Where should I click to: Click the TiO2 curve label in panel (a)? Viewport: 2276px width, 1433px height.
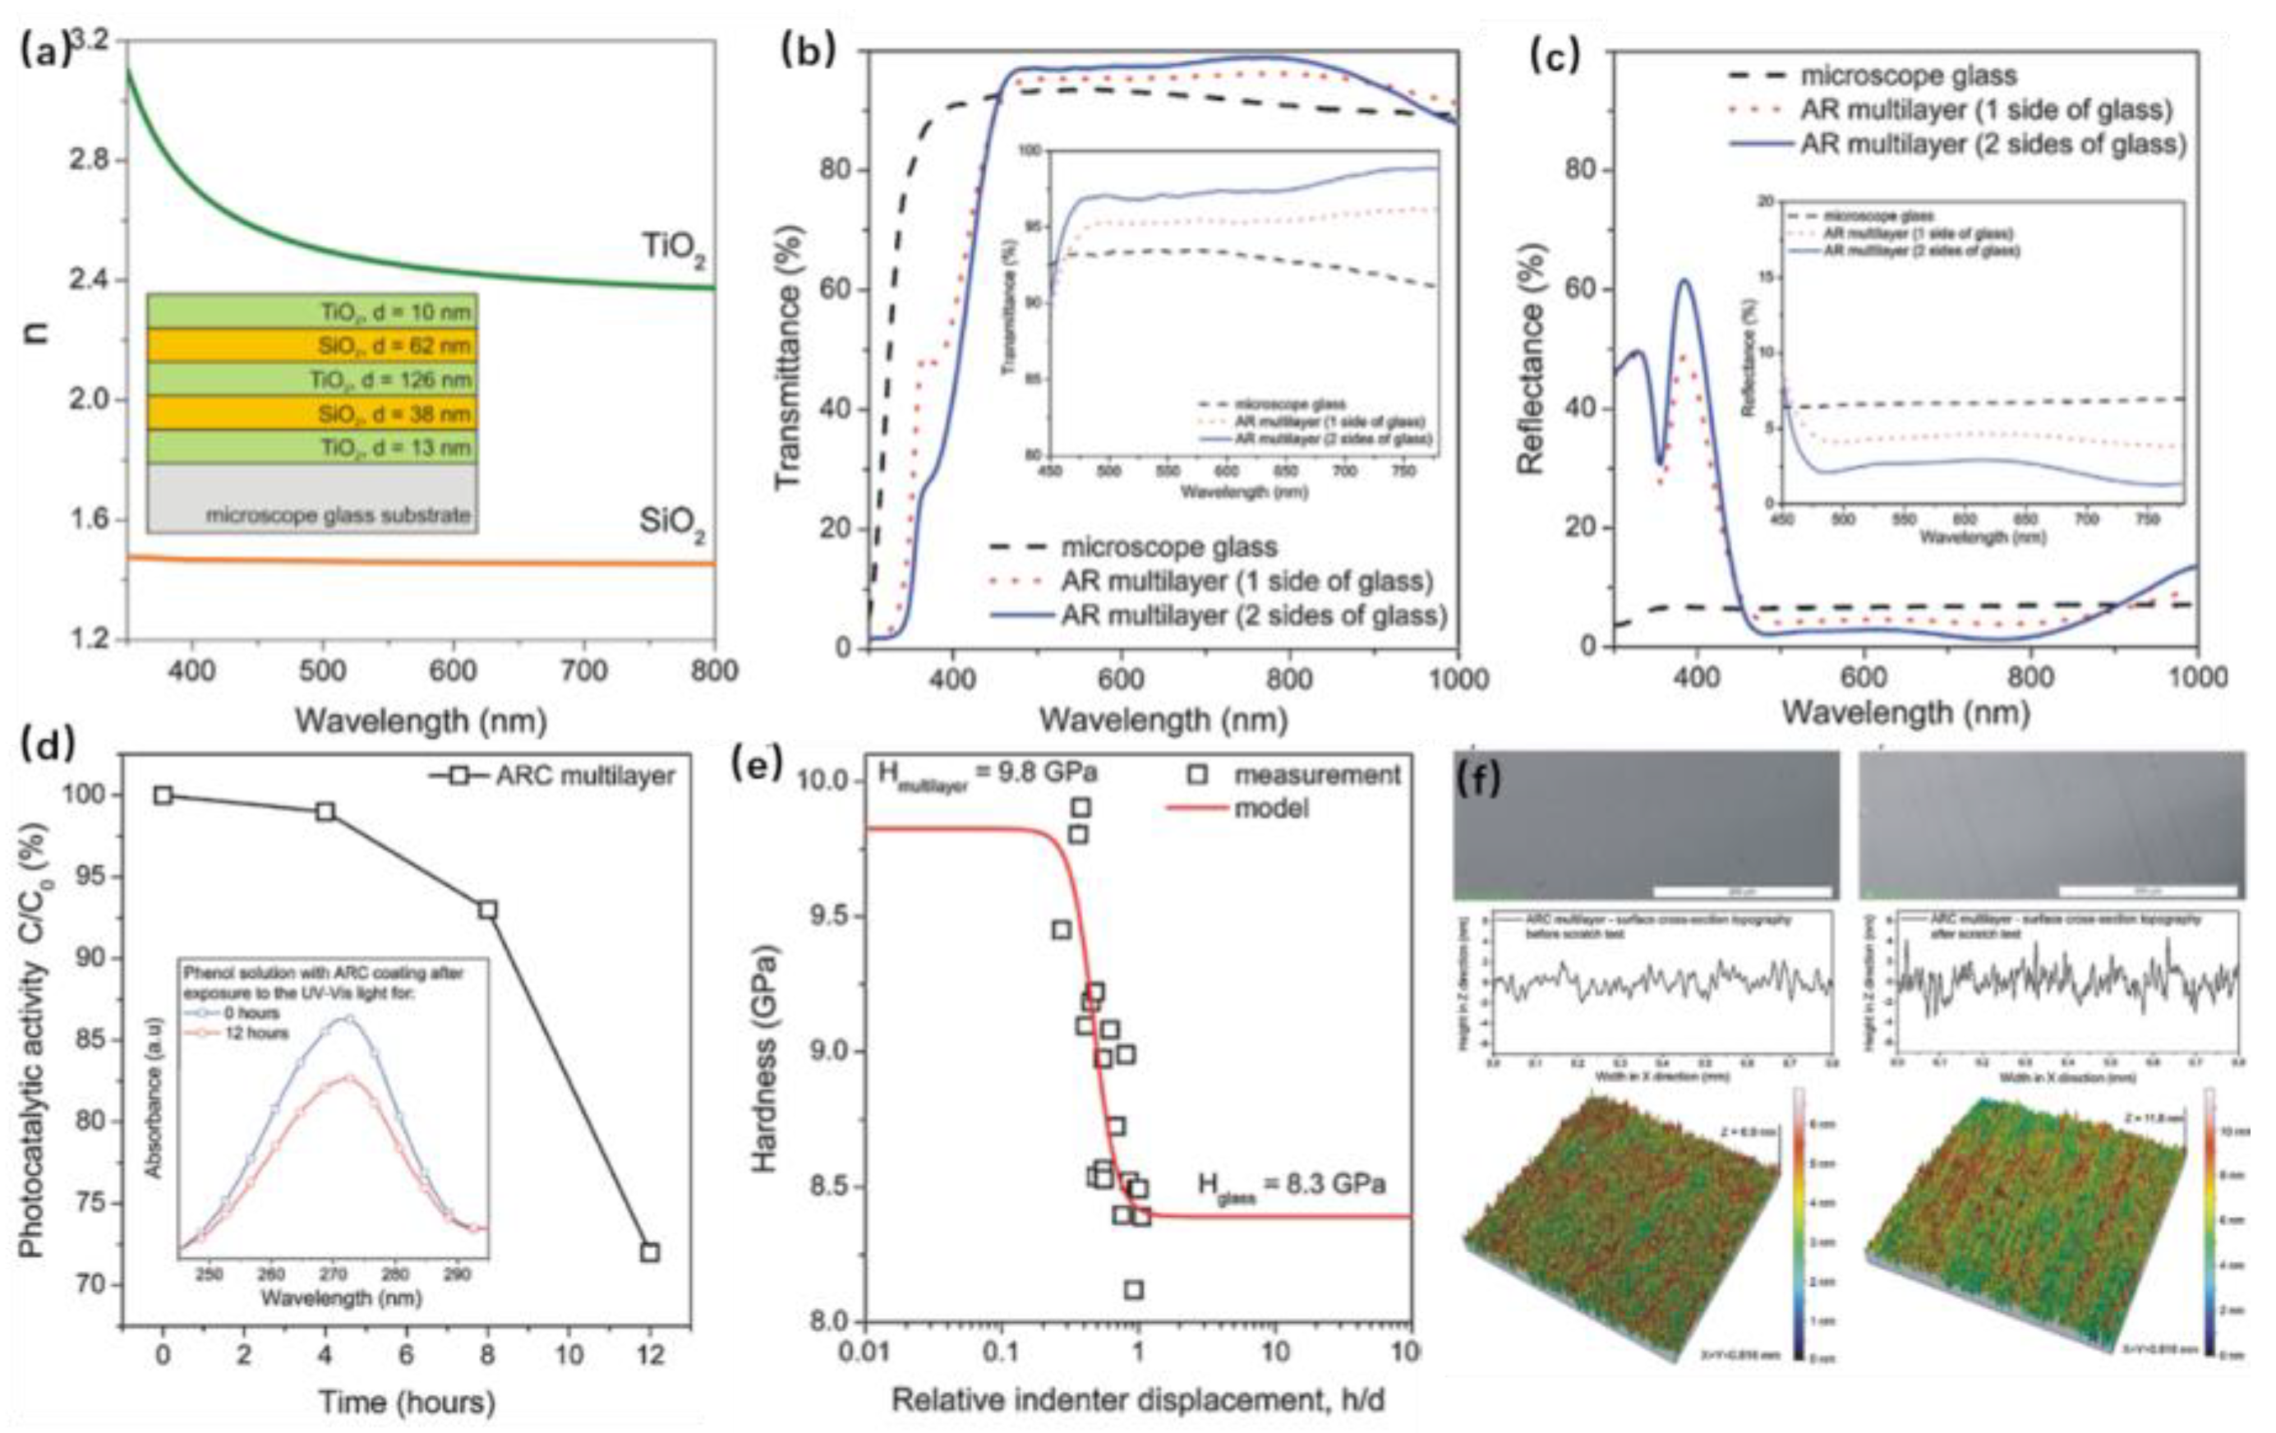(673, 250)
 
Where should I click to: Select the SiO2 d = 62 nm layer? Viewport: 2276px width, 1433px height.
(312, 346)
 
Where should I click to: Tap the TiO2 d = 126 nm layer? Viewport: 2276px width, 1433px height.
(312, 380)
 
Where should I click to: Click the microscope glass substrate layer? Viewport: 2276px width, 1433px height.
(312, 499)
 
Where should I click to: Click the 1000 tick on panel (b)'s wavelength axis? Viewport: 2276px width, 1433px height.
(1458, 679)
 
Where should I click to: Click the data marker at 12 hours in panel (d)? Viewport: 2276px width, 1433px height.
(649, 1252)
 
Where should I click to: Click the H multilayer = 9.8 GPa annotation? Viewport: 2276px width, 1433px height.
(988, 774)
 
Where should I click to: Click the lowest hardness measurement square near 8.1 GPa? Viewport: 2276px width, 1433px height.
(1133, 1289)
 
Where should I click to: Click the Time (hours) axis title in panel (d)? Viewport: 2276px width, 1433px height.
(407, 1401)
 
